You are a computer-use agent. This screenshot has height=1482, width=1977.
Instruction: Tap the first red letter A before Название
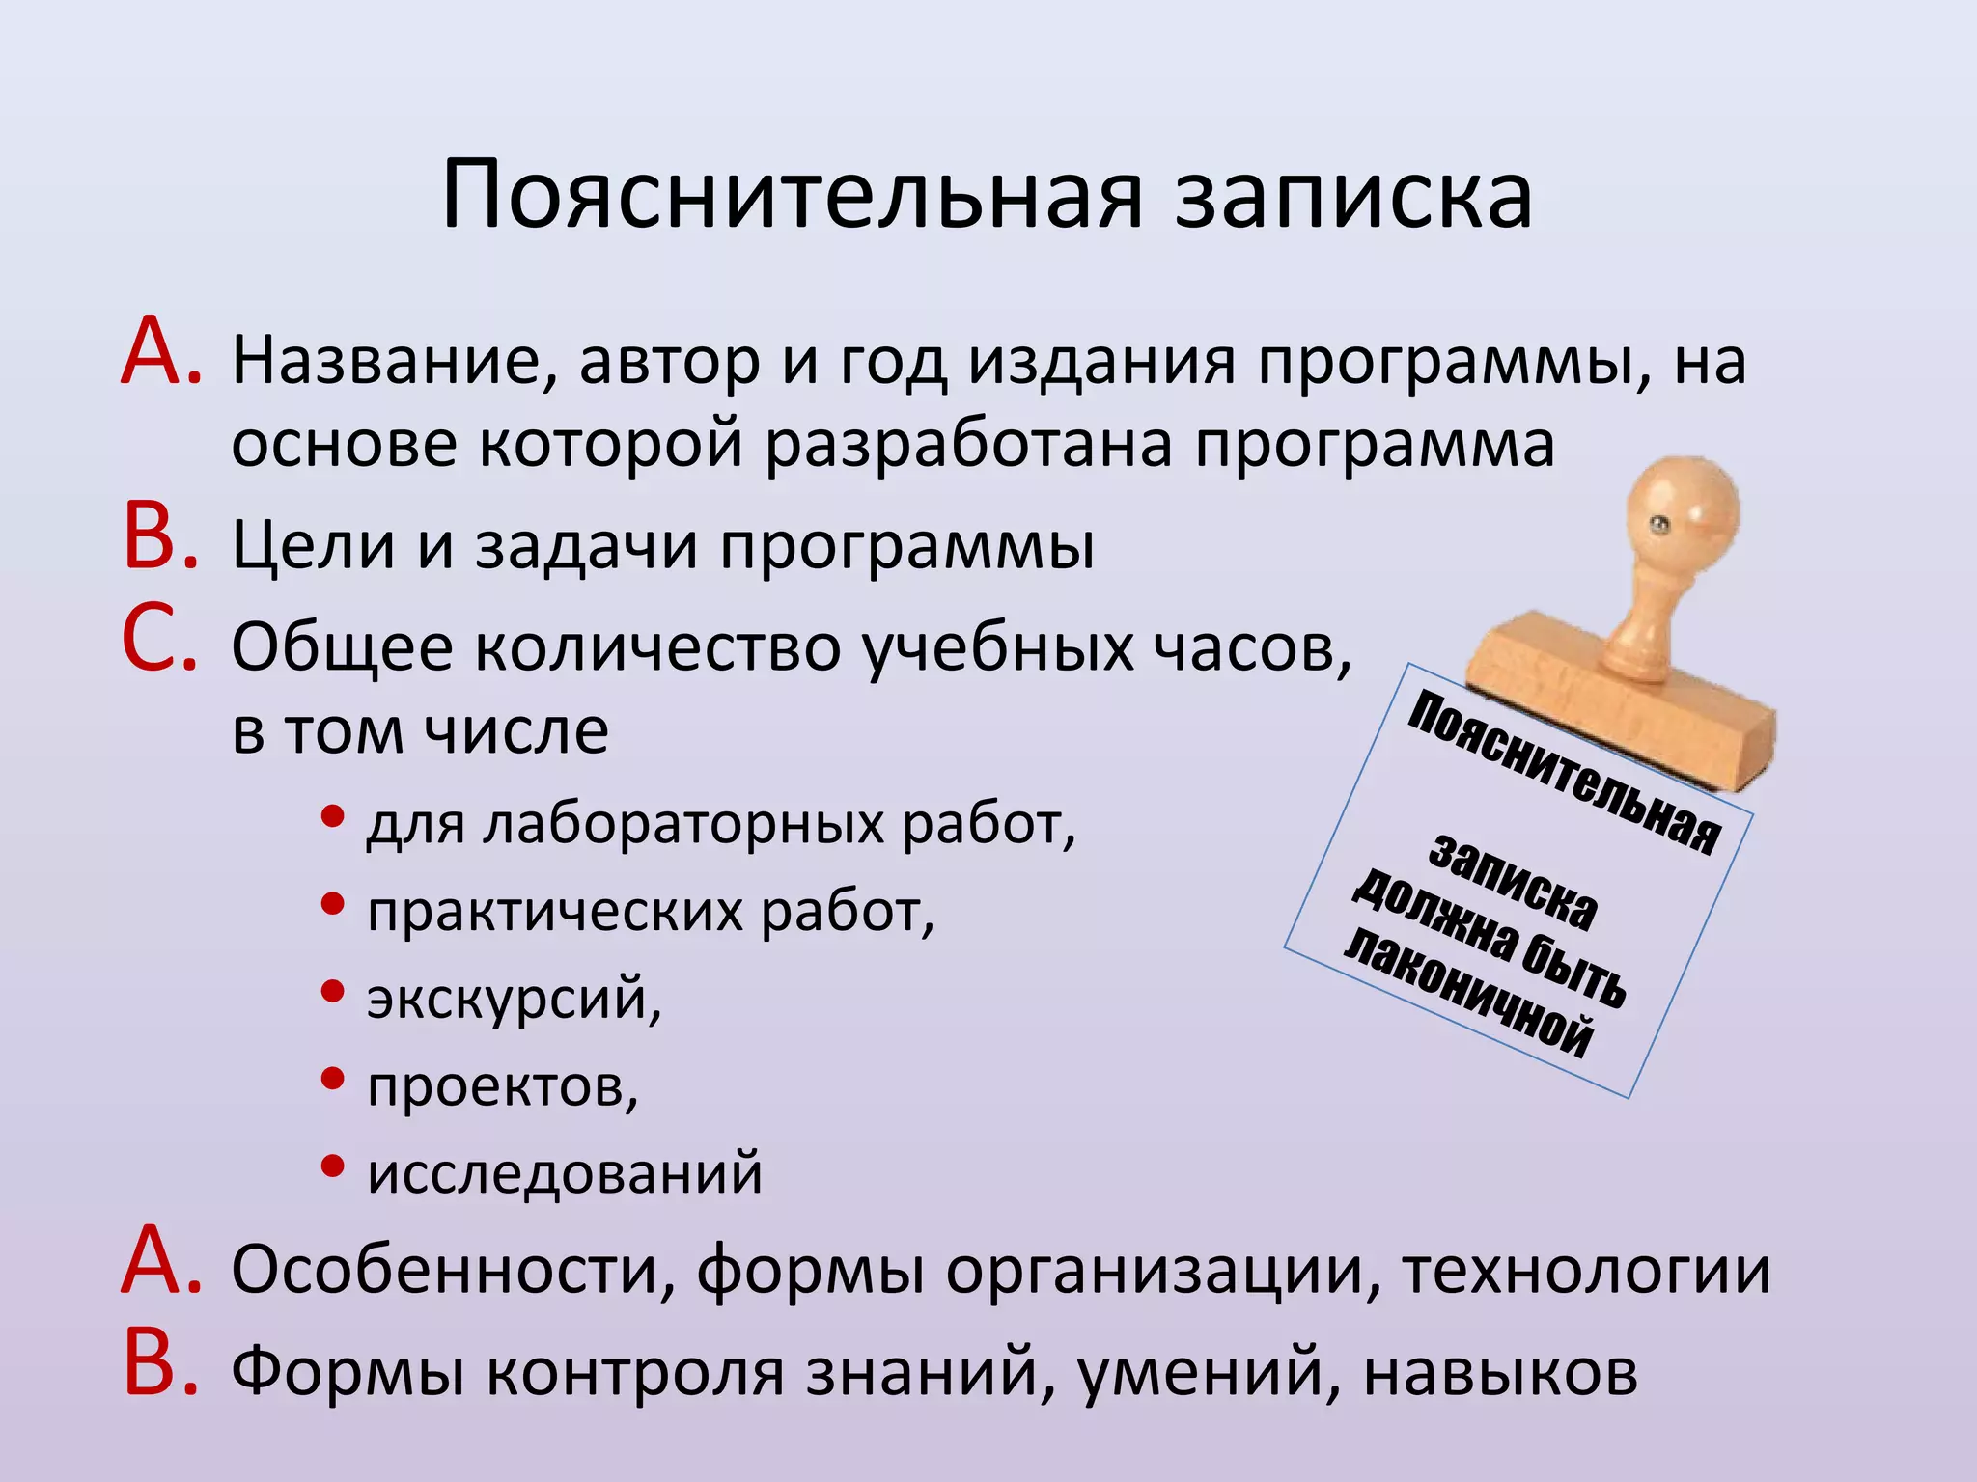159,354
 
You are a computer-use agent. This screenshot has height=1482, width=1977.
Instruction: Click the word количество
657,648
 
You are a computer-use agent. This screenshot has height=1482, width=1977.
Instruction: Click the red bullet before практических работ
332,905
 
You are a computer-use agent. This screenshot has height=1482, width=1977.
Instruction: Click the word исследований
565,1174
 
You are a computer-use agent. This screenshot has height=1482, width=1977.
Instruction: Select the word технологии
1587,1272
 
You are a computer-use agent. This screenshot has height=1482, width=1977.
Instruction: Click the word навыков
1500,1373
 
